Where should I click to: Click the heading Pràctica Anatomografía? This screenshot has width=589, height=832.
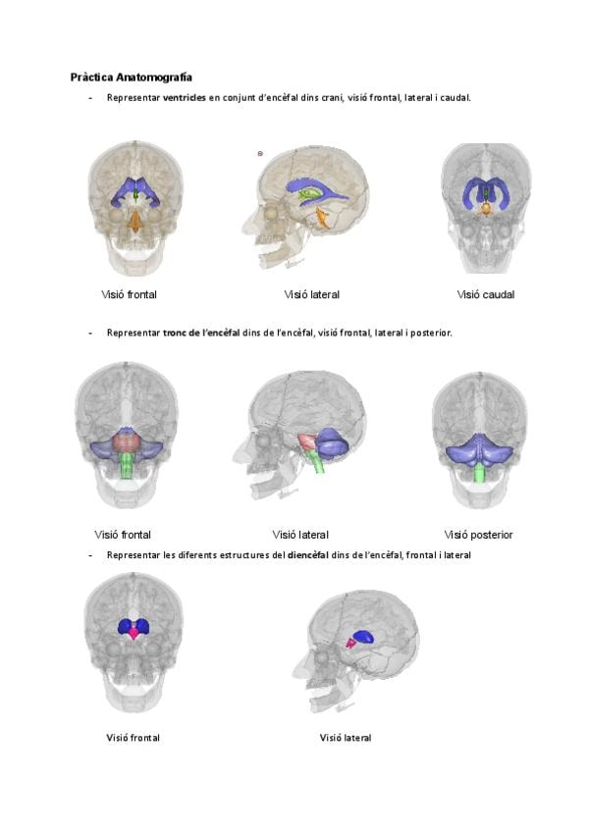tap(132, 78)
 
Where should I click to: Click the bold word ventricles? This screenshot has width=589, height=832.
tap(185, 98)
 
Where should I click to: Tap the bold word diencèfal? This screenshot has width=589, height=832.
tap(308, 555)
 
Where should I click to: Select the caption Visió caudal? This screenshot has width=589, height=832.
tap(486, 294)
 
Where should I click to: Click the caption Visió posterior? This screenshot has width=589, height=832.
tap(478, 535)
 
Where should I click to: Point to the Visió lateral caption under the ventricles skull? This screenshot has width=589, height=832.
tap(312, 294)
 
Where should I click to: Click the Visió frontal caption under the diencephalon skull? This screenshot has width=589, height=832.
tap(133, 738)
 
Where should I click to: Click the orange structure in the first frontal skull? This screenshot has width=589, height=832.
tap(136, 222)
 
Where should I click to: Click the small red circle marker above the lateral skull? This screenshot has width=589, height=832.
tap(260, 154)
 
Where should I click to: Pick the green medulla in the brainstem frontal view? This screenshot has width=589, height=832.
tap(126, 465)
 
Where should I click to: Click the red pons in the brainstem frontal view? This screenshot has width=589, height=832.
tap(126, 442)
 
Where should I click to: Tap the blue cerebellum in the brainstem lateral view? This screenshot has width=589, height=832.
tap(332, 443)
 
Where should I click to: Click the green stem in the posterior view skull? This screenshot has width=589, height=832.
tap(480, 472)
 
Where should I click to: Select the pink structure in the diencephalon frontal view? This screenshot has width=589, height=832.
tap(134, 633)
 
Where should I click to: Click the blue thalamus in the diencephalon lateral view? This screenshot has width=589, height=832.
tap(364, 638)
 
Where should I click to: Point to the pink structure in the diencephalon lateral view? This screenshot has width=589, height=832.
tap(350, 643)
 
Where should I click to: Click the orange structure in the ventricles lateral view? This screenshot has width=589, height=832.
tap(323, 218)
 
